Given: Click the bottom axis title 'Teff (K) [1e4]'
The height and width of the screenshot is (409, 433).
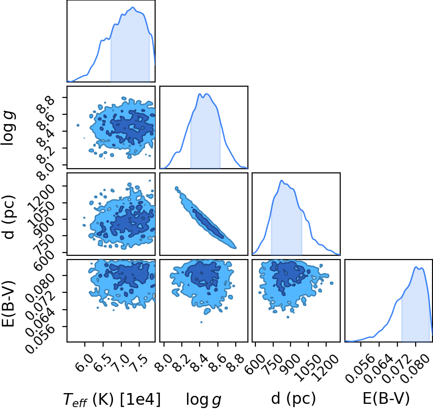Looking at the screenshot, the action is point(112,399).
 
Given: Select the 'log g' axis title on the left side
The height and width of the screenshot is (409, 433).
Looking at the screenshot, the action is point(8,128).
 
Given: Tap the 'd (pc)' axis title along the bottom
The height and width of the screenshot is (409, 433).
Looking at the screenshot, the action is point(293,399).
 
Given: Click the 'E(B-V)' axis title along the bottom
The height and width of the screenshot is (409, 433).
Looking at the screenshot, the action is point(386,399).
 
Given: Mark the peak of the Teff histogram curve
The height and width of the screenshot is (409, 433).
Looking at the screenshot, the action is point(133,7).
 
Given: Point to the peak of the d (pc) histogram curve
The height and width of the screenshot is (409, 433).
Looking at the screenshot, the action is point(281,180).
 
